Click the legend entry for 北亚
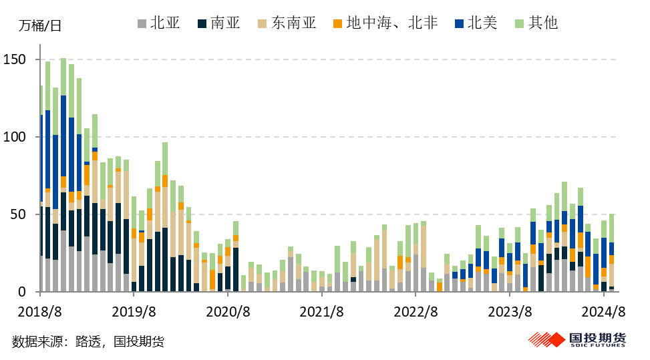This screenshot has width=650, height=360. pos(158,23)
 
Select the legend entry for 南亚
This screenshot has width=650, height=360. pos(218,23)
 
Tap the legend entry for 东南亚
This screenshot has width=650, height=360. pos(285,23)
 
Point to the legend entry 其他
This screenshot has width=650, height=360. pos(535,23)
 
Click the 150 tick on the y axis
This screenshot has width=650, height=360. pos(17,60)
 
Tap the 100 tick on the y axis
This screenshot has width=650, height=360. pos(17,138)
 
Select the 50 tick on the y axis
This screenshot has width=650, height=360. pos(21,215)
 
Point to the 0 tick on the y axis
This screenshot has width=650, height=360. pos(24,293)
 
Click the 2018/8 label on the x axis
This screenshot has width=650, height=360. pos(41,312)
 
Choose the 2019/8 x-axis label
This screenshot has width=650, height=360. pos(134,312)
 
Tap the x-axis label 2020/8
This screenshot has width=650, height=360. pos(228,312)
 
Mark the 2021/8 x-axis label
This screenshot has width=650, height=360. pos(321,312)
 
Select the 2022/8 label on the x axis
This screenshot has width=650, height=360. pos(416,312)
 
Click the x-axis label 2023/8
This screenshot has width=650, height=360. pos(510,312)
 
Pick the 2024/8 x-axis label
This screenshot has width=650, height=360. pos(603,312)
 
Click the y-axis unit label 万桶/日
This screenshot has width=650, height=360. pos(39,27)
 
